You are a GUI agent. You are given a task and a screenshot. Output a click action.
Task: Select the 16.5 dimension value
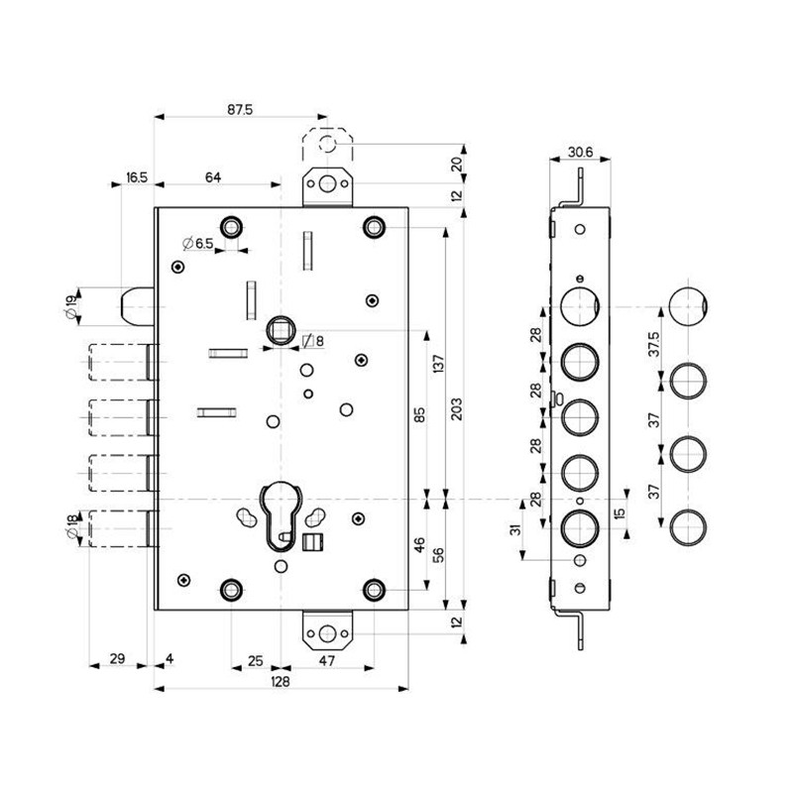[x=137, y=177]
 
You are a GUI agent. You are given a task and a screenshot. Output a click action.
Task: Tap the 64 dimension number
[x=212, y=177]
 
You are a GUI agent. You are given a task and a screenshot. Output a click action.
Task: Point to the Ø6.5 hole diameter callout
[x=198, y=244]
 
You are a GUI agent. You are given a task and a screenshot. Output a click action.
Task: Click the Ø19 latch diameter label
[x=71, y=307]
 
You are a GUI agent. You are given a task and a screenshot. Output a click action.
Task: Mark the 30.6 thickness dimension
[x=580, y=152]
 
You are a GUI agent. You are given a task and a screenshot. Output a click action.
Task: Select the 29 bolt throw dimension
[x=116, y=659]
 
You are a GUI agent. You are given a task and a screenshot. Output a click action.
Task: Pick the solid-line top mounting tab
[x=326, y=188]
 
